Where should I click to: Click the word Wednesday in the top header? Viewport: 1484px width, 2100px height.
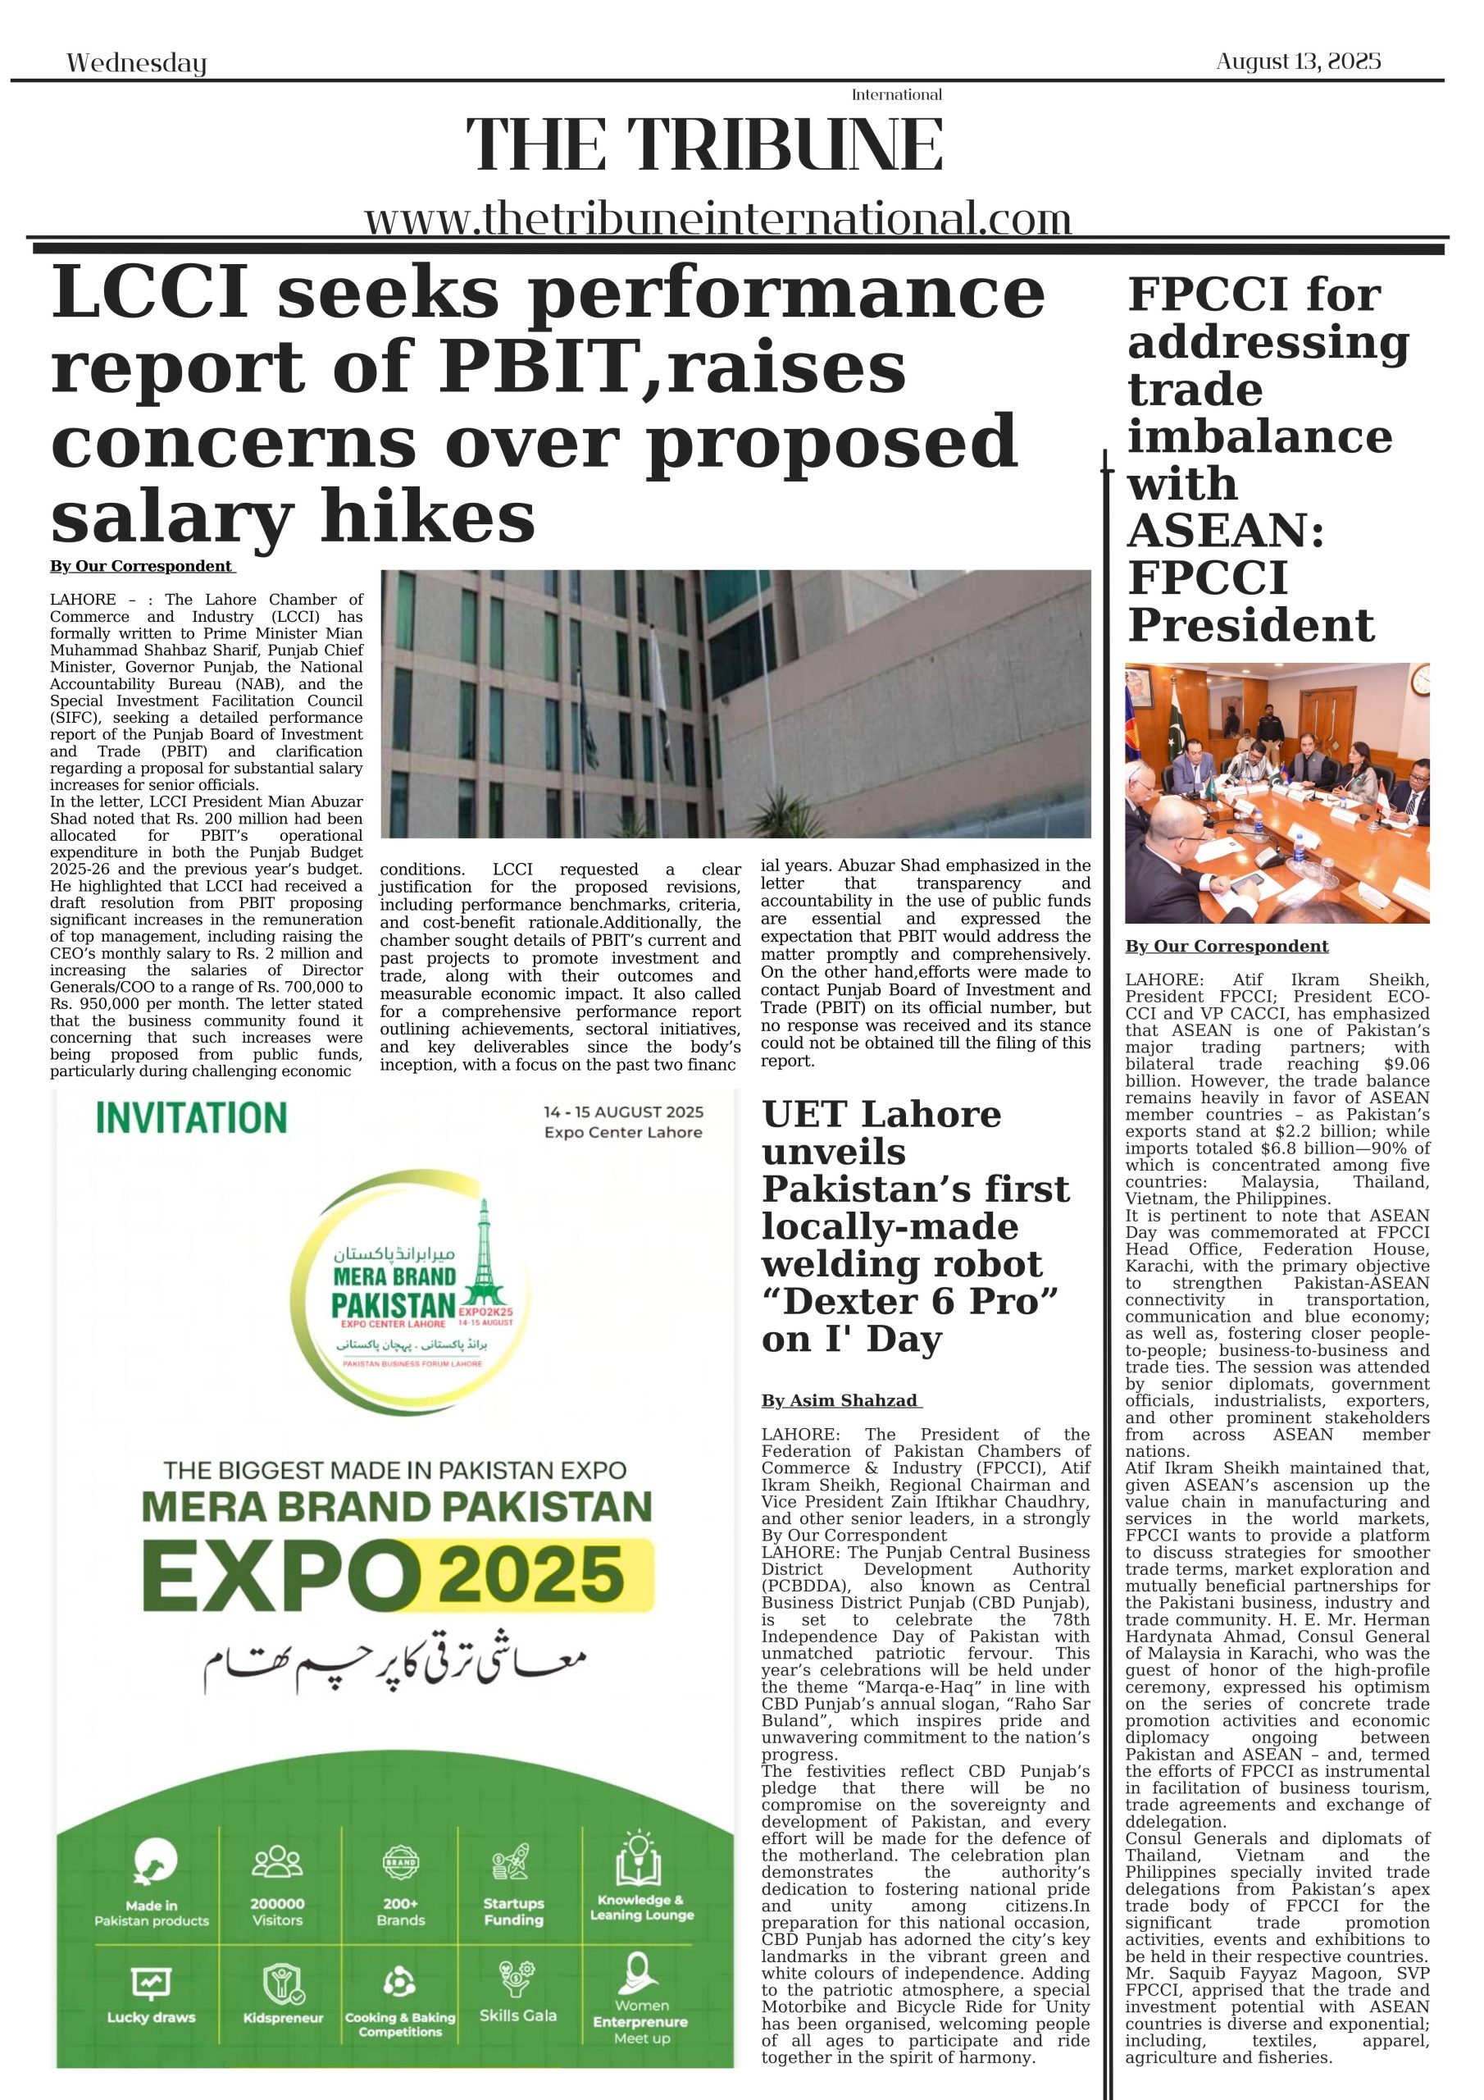(136, 63)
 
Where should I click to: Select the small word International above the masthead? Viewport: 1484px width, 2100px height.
(896, 95)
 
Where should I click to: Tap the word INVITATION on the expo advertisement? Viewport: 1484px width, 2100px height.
(191, 1119)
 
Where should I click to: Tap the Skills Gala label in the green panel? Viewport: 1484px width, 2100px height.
(517, 2015)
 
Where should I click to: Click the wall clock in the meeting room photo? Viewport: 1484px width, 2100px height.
(1418, 678)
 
